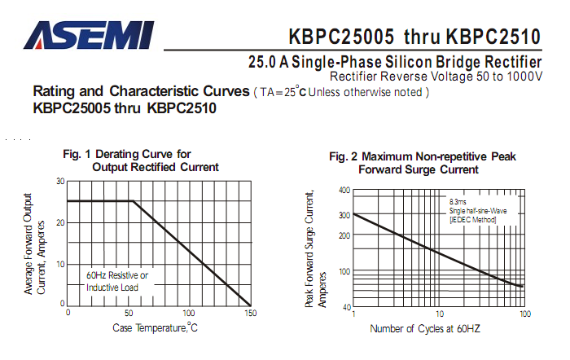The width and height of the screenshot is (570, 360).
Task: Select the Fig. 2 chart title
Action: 423,163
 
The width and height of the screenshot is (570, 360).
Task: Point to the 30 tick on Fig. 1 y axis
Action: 60,181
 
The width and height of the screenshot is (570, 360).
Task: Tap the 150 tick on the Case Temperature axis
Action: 250,313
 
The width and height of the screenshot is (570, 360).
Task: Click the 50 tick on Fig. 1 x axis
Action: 129,313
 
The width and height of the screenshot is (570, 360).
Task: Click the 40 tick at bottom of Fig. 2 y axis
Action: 345,307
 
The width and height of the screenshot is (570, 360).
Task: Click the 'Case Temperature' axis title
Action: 155,327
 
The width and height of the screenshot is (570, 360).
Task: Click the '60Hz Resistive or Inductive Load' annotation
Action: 117,281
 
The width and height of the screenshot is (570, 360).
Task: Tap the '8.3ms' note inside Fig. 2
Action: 458,200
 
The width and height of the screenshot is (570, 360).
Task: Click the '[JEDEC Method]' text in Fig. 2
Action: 472,220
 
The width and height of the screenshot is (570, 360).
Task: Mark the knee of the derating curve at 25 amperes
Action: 132,201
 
